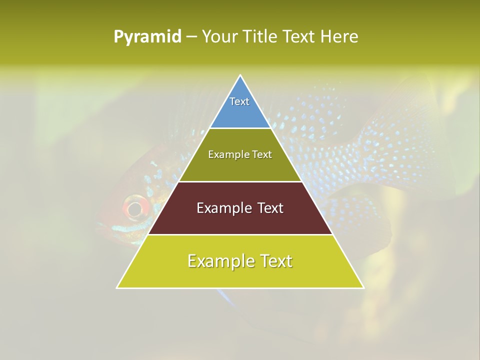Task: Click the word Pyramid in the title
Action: coord(147,37)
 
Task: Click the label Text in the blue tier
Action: coord(239,101)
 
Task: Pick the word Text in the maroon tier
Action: coord(268,208)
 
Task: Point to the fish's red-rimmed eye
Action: coord(135,208)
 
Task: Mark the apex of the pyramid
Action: coord(240,75)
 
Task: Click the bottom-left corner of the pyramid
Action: coord(117,287)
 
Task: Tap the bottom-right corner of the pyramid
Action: coord(363,287)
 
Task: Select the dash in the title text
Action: coord(191,37)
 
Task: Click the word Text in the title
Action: coord(299,36)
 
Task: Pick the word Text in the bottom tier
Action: coord(275,261)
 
